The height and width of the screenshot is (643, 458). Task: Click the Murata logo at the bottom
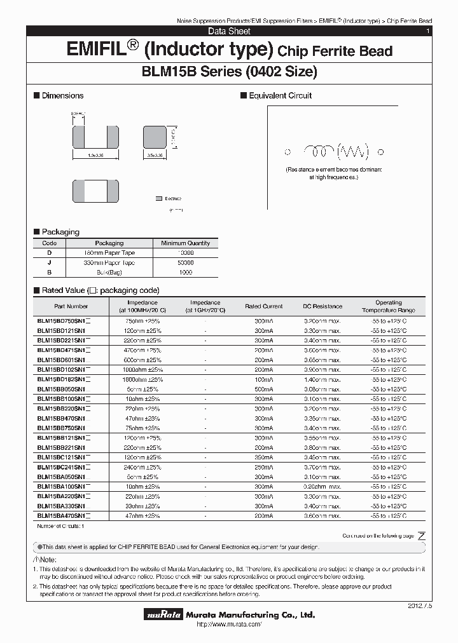click(x=165, y=615)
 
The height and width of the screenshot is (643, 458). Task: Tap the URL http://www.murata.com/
click(x=229, y=625)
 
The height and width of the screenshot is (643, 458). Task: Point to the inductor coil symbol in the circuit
click(x=319, y=151)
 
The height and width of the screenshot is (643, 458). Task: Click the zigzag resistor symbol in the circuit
click(x=354, y=151)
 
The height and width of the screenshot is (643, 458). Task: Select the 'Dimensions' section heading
click(x=62, y=96)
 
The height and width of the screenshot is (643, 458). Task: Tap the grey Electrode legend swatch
click(x=159, y=199)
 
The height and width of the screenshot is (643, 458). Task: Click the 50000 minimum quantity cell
click(x=185, y=262)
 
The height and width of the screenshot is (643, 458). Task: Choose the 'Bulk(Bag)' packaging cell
click(x=109, y=272)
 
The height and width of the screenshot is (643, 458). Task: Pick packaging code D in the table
click(x=49, y=253)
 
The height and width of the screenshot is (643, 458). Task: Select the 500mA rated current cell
click(x=263, y=389)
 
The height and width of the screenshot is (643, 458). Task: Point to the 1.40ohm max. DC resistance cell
click(x=322, y=379)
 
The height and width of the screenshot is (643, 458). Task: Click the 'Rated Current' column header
click(x=263, y=307)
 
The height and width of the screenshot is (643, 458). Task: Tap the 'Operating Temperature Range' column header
click(x=388, y=307)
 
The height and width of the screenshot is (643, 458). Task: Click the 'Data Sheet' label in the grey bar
click(x=229, y=31)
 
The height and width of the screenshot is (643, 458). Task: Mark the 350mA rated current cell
click(x=263, y=457)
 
